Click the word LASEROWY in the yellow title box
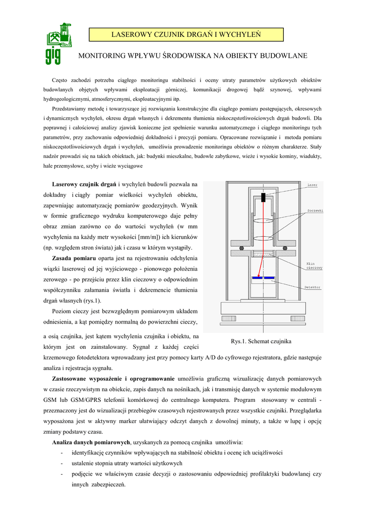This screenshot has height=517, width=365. (134, 34)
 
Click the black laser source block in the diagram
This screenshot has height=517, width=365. (263, 197)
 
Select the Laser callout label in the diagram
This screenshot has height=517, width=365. (313, 185)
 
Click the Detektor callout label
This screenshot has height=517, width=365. (313, 287)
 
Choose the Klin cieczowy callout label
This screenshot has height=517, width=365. (315, 266)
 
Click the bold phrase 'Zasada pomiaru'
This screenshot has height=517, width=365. (74, 258)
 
